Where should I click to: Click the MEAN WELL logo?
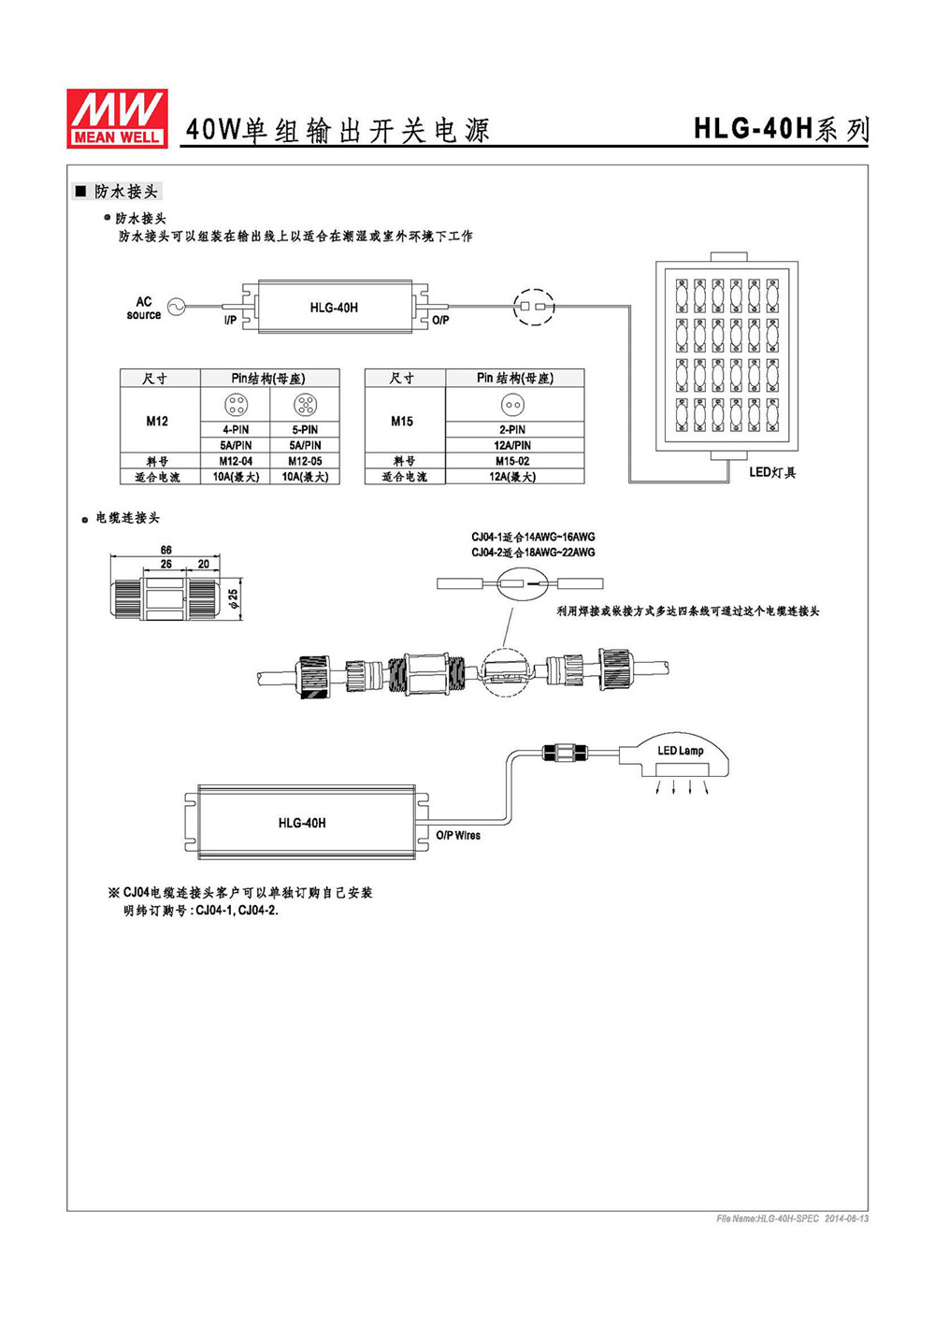[x=117, y=118]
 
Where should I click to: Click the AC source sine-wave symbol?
[x=176, y=307]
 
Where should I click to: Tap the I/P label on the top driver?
[x=230, y=320]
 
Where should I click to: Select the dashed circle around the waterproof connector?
[x=534, y=307]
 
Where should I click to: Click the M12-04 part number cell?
[x=236, y=461]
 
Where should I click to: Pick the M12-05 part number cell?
[x=305, y=461]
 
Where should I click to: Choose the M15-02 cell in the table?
[x=512, y=461]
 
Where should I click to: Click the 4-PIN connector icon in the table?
[x=237, y=405]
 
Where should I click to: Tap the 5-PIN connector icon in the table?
[x=305, y=405]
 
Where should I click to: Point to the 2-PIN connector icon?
[x=512, y=405]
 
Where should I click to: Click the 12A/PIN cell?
[x=512, y=445]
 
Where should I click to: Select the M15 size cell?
[x=402, y=421]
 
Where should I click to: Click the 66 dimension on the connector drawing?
[x=165, y=550]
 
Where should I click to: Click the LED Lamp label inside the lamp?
[x=681, y=751]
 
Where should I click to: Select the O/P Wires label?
[x=458, y=835]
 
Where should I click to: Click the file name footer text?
[x=792, y=1219]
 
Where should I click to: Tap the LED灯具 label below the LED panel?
[x=772, y=472]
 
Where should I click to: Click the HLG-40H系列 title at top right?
[x=781, y=129]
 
